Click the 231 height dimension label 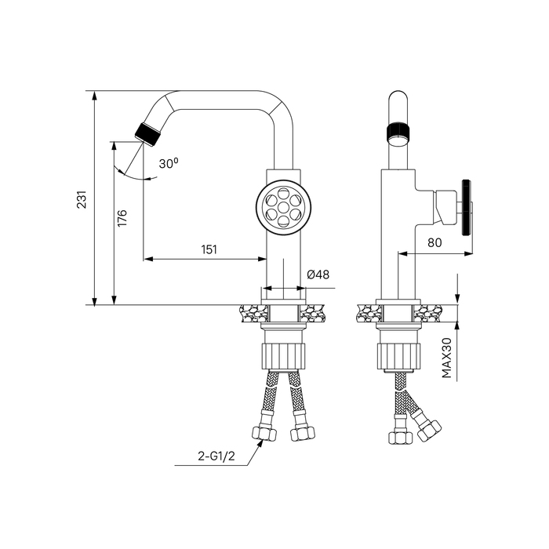point(82,199)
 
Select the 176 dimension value point(122,218)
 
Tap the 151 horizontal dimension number point(209,249)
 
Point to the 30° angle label point(169,163)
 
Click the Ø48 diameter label point(318,274)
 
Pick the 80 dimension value point(434,242)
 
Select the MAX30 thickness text point(447,358)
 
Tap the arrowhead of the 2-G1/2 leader point(260,442)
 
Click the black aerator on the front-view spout point(147,134)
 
